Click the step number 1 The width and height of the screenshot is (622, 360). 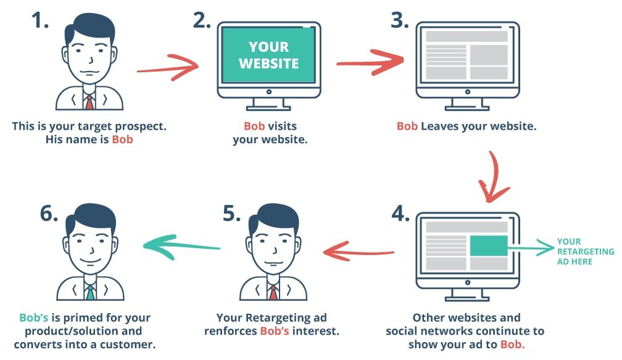(40, 20)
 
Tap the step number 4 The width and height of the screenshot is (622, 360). (400, 214)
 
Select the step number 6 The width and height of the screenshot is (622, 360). (49, 214)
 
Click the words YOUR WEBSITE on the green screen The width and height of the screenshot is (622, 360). (269, 55)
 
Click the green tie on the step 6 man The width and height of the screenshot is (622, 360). (91, 292)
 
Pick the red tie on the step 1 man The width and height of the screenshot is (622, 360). (89, 102)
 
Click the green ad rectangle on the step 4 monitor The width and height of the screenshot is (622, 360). (489, 246)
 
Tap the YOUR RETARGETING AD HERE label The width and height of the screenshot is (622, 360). (586, 252)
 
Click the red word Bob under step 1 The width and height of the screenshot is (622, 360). (122, 140)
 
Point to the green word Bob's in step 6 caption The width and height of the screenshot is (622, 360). (34, 317)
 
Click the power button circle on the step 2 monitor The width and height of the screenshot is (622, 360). (269, 92)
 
